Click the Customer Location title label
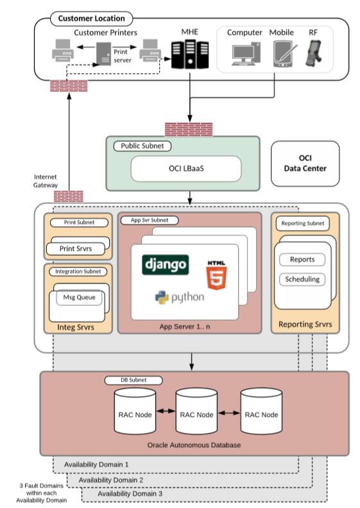[92, 18]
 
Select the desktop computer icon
[244, 54]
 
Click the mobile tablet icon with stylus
[282, 55]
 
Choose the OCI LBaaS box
[186, 169]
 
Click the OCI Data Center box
[305, 163]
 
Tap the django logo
[166, 264]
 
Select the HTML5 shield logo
[216, 275]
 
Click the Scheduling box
[301, 280]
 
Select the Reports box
[302, 259]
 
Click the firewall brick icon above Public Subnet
[189, 129]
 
